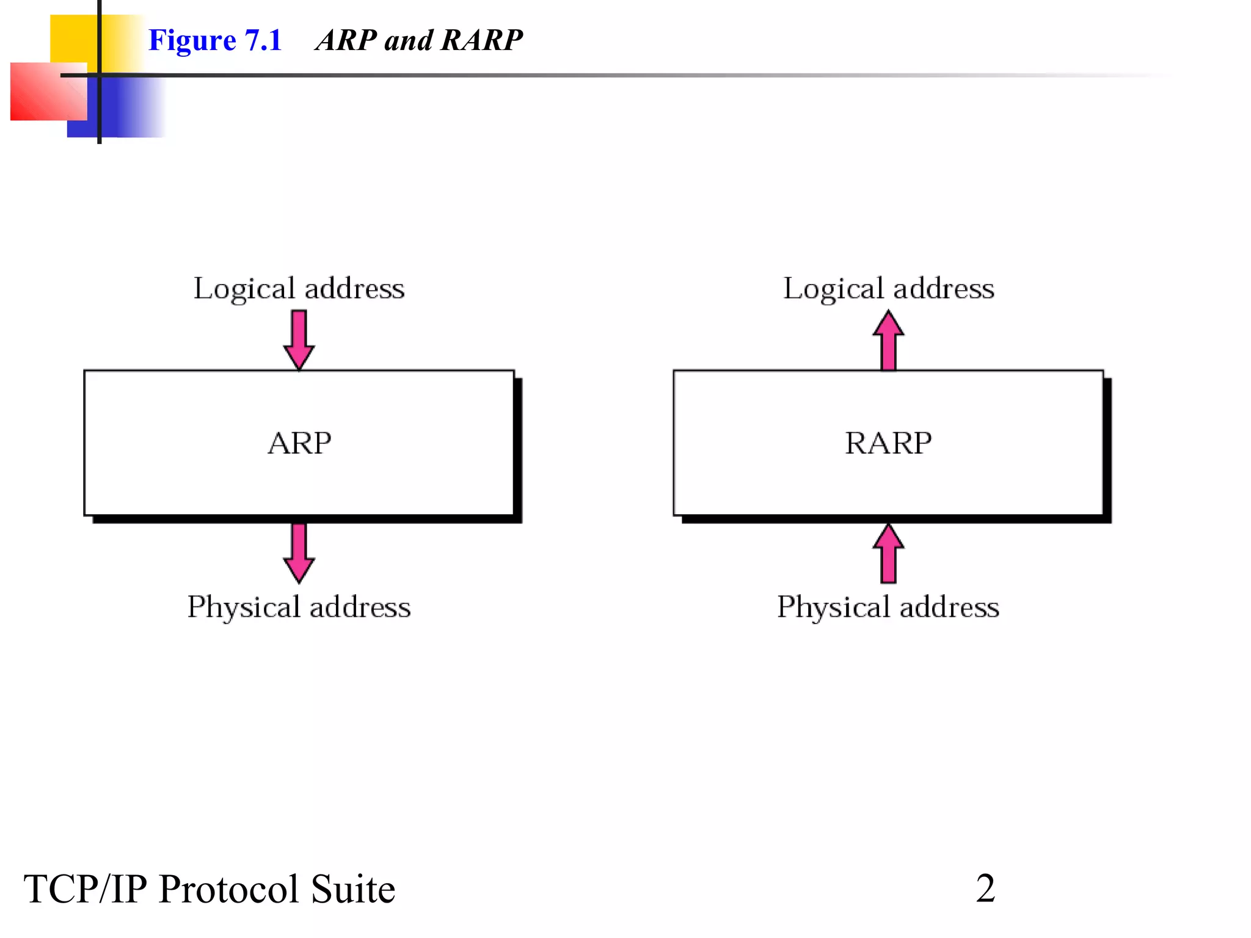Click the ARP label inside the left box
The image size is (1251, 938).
(x=299, y=443)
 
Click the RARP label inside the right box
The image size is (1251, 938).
(x=888, y=443)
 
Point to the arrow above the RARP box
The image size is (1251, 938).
(x=888, y=340)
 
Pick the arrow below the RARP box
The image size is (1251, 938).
(x=888, y=553)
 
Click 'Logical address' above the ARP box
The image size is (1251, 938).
(x=299, y=288)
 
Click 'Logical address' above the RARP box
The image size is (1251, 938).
(x=888, y=288)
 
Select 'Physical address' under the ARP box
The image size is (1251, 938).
(x=299, y=607)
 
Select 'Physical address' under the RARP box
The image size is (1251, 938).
(x=888, y=607)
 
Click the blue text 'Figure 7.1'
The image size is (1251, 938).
(x=215, y=40)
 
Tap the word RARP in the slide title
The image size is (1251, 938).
(x=481, y=40)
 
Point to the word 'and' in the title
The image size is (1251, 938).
(x=408, y=40)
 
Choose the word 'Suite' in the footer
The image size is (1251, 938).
(x=352, y=889)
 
